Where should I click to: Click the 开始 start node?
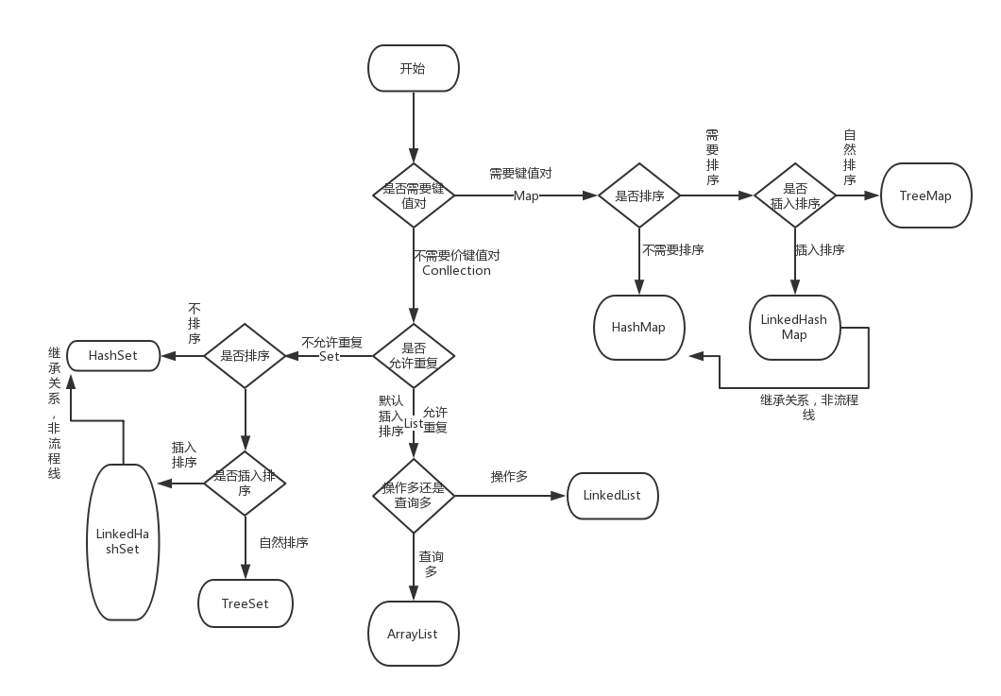tap(414, 70)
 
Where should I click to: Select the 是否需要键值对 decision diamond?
tap(414, 195)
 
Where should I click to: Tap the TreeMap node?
tap(925, 195)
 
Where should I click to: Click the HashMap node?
tap(638, 327)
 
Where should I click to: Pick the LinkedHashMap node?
tap(794, 328)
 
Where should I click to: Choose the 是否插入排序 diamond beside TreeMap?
tap(794, 195)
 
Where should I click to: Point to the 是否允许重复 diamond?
tap(414, 355)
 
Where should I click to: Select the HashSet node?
tap(113, 355)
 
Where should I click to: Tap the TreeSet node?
tap(246, 603)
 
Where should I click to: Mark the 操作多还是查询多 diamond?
tap(414, 495)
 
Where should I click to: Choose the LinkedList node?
tap(612, 495)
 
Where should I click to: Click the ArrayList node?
tap(414, 634)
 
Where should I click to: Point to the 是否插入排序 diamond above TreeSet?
tap(245, 483)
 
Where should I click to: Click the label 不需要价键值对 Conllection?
tap(456, 263)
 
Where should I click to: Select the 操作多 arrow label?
tap(508, 476)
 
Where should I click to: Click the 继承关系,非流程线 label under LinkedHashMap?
tap(809, 407)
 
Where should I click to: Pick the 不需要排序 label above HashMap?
tap(672, 250)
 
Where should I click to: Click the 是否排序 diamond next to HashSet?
tap(245, 356)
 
